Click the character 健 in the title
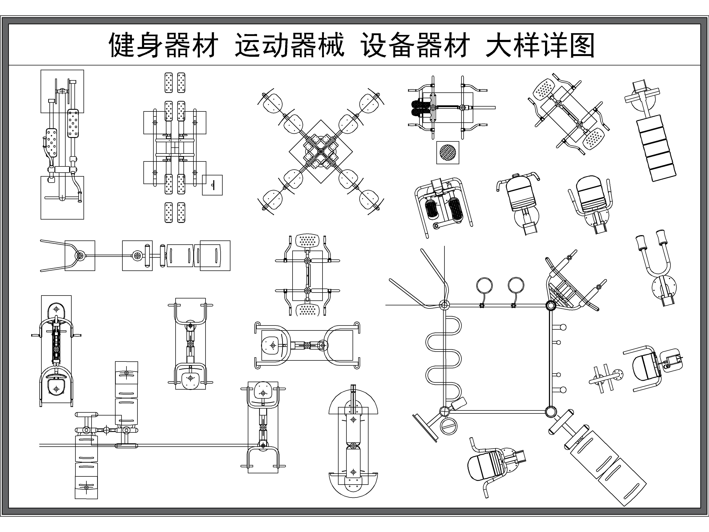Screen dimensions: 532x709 [x=123, y=45]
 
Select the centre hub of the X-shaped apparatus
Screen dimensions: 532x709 [x=320, y=151]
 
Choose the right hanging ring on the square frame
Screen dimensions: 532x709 [x=516, y=285]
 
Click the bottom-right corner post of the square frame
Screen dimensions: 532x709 [x=551, y=411]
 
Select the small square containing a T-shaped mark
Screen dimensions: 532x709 [x=212, y=185]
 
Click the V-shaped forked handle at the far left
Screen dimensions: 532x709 [x=58, y=256]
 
